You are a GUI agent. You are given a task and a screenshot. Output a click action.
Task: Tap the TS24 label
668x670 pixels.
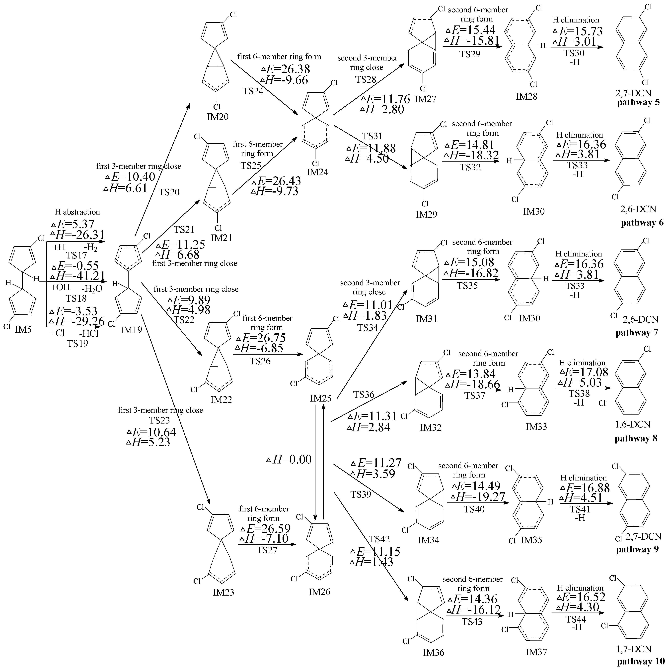253,91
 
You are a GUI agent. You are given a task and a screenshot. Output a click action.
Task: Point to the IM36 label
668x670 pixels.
434,652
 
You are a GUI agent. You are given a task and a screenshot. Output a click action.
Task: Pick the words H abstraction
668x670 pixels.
77,212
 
